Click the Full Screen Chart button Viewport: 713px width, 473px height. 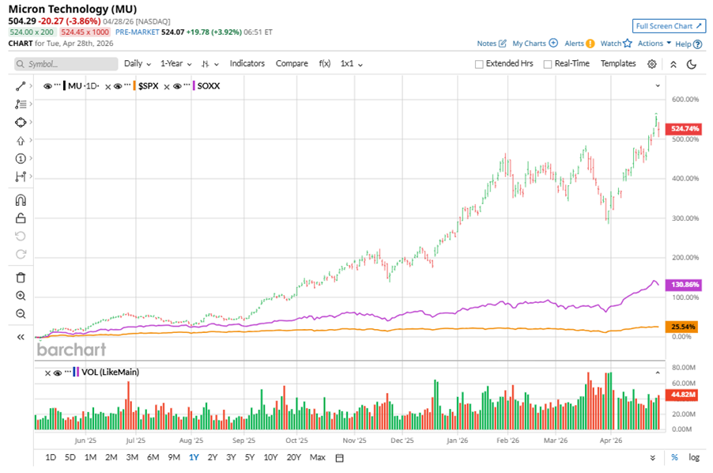669,26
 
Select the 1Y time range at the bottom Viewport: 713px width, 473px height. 194,457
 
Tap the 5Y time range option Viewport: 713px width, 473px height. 250,457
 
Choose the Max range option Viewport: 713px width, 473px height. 317,457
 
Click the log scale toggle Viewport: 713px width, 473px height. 694,457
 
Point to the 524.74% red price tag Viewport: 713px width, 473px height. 684,128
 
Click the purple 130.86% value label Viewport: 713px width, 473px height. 684,284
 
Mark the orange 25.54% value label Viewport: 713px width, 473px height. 684,326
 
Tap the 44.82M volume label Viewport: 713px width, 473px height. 684,393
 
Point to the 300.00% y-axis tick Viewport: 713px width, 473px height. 685,218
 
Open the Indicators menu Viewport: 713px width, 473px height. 247,63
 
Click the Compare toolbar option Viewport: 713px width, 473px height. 292,63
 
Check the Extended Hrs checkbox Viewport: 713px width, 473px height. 479,64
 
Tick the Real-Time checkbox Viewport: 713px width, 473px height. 547,64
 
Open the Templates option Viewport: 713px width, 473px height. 618,63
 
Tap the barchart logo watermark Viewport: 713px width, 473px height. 72,348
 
